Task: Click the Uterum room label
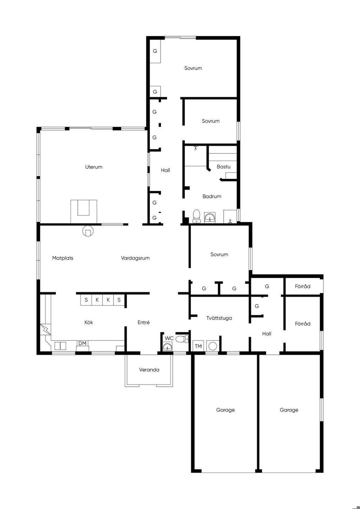94,167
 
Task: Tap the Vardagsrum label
135,258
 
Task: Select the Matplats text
63,258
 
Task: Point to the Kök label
89,322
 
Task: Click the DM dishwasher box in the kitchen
82,343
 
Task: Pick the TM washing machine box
198,346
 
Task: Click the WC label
169,338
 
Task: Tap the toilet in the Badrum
197,216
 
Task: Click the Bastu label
224,167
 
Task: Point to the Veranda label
149,370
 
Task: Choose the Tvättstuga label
219,318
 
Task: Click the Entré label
144,322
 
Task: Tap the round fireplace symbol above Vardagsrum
88,231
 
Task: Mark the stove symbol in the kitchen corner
45,329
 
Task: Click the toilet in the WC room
182,339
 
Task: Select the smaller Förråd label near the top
302,286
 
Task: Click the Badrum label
212,196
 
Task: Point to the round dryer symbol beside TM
213,346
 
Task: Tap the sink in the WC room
167,347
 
